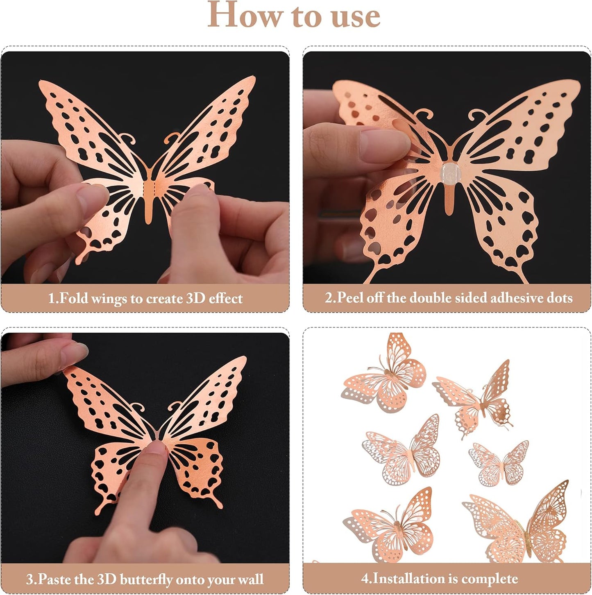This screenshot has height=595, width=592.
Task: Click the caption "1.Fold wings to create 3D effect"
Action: [x=145, y=298]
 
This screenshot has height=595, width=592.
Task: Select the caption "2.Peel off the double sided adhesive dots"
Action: [x=448, y=297]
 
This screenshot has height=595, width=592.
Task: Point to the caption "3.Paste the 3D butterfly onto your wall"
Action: [x=145, y=579]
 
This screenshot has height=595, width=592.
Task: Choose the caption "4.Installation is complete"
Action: [x=439, y=579]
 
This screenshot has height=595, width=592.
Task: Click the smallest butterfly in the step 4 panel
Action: [x=499, y=463]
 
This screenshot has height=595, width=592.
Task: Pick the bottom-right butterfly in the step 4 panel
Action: [x=518, y=522]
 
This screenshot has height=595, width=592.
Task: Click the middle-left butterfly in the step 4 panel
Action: [x=401, y=451]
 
